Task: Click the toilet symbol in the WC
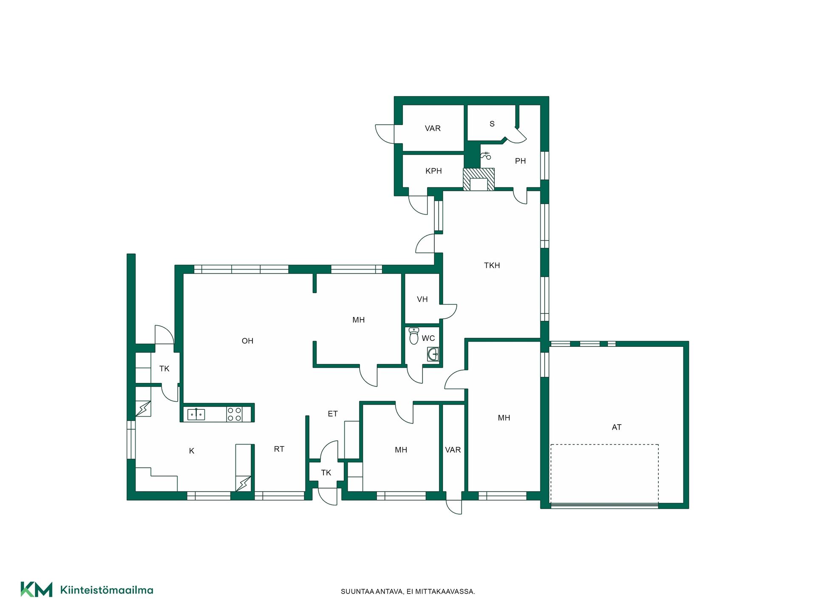414,336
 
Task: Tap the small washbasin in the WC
433,354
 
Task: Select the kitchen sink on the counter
196,414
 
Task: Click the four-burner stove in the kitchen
234,414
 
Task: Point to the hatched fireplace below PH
479,179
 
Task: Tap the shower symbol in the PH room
486,156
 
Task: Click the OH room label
247,341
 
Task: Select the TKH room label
492,266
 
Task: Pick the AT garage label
616,428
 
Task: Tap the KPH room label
433,171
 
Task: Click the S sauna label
492,124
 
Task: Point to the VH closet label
422,300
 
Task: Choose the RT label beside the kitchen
279,449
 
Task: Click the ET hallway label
333,414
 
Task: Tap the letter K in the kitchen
192,451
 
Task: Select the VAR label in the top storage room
433,128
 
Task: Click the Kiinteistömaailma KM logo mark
37,589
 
